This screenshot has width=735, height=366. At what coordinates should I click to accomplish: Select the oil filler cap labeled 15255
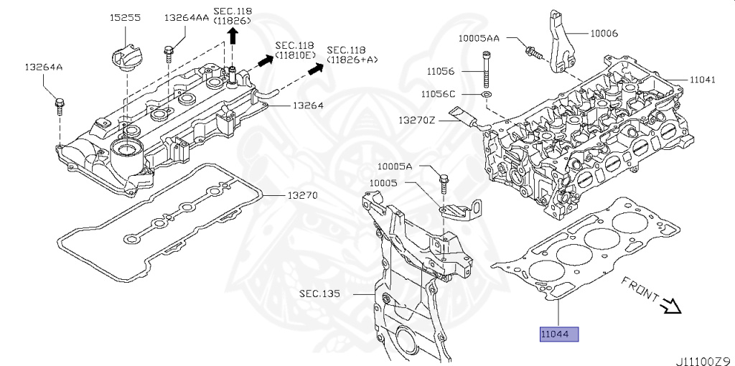[127, 56]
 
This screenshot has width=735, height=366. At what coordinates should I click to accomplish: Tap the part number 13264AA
[187, 17]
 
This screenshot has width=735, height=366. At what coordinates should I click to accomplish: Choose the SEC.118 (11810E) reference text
[296, 50]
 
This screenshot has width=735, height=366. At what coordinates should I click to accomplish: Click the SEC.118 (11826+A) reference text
[352, 55]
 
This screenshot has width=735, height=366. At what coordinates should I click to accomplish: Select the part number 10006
[604, 33]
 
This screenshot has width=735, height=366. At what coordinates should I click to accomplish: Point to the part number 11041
[703, 80]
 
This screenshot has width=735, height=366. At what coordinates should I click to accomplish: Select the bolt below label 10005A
[443, 182]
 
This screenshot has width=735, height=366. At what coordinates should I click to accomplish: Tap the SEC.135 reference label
[321, 294]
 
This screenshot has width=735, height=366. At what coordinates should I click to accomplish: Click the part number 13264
[307, 105]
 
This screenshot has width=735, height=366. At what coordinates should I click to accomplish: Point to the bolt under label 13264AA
[169, 54]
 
